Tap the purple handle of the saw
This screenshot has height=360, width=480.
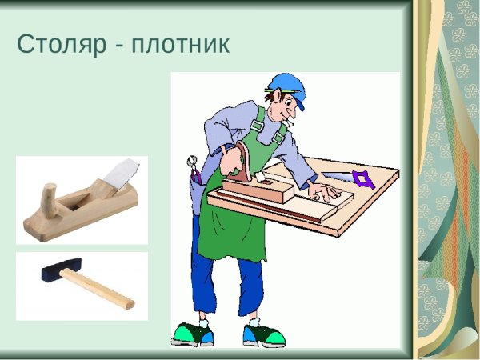pyautogui.click(x=364, y=179)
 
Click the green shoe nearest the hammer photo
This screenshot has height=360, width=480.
pyautogui.click(x=192, y=333)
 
